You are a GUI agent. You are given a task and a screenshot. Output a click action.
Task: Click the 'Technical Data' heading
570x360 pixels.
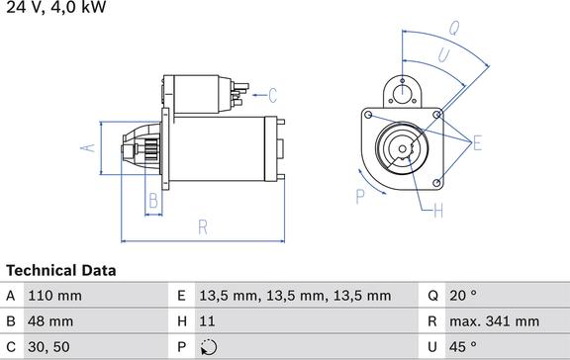[60, 270]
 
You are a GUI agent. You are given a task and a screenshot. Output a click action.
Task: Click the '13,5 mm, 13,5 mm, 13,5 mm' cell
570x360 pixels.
[296, 296]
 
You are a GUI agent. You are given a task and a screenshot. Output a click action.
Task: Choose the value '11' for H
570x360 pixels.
[207, 321]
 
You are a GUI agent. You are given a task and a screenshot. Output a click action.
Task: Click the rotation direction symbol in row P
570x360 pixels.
[207, 347]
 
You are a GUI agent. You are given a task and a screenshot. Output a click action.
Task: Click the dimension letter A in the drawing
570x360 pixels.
[88, 147]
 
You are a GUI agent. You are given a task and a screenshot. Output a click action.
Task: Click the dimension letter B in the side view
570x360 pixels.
[152, 201]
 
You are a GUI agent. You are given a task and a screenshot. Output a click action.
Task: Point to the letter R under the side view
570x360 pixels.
[202, 227]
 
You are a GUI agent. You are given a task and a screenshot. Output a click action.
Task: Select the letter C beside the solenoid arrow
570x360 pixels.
[273, 95]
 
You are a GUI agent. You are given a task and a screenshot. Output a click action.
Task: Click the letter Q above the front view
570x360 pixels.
[453, 27]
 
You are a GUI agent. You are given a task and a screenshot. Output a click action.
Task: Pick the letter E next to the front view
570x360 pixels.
[477, 144]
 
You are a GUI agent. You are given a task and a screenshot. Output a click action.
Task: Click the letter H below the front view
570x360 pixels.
[438, 209]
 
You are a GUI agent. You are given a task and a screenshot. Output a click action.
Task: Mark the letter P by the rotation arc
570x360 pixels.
[360, 196]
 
